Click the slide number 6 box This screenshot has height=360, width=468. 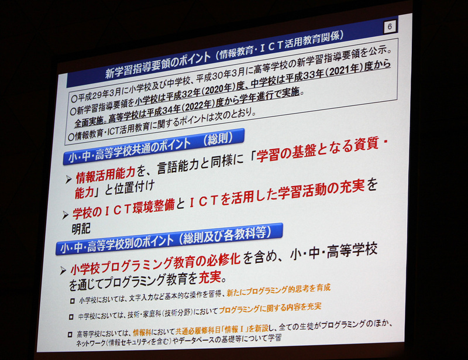(391, 26)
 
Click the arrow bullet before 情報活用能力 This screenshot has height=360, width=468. (68, 179)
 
